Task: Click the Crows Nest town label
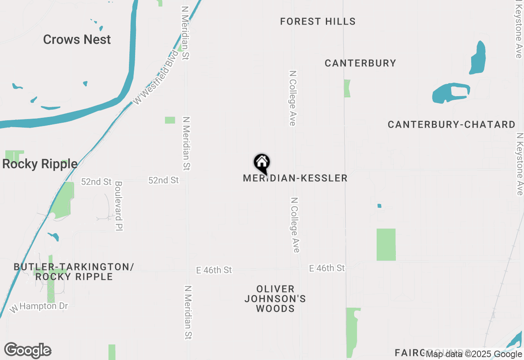[x=77, y=40]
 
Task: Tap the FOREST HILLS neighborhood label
[x=318, y=21]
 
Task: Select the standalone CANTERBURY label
[x=360, y=63]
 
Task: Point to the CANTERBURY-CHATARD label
[x=451, y=124]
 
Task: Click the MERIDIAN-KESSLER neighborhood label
[x=295, y=178]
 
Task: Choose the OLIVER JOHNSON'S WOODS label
[x=275, y=299]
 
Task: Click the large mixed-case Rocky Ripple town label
[x=40, y=164]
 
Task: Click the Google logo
[x=27, y=351]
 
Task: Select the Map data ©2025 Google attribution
[x=474, y=354]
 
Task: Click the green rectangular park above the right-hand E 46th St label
[x=386, y=245]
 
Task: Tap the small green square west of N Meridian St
[x=170, y=120]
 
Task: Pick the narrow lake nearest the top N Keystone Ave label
[x=478, y=57]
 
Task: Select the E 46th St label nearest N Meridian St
[x=214, y=270]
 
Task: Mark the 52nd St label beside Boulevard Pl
[x=96, y=182]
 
